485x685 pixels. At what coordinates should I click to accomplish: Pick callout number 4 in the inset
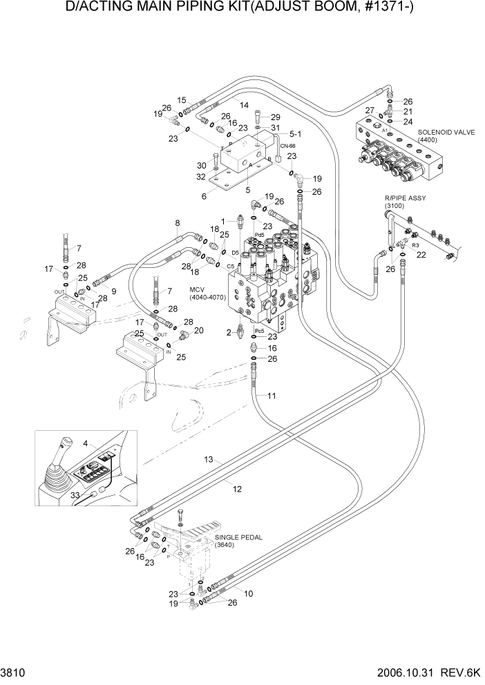(85, 443)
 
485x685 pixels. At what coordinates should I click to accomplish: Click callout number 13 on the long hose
(207, 460)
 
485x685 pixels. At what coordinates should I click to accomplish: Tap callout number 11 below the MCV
(272, 396)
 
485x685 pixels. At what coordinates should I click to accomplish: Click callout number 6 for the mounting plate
(205, 197)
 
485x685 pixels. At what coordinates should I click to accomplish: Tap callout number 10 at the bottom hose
(248, 593)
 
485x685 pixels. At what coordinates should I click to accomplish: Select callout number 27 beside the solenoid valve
(370, 110)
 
